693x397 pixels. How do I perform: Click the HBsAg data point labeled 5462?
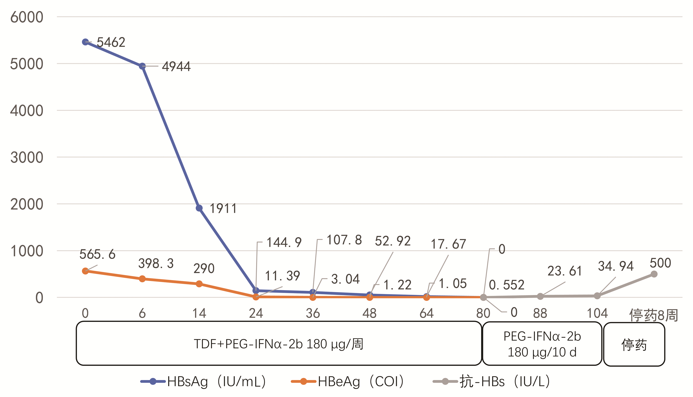[x=85, y=42]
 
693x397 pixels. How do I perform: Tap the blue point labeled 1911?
[x=199, y=208]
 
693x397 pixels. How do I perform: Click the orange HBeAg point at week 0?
[x=85, y=271]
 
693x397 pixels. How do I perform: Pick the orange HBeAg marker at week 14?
[x=199, y=284]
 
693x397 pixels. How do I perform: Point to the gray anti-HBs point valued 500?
[x=654, y=274]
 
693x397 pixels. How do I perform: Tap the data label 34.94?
[x=616, y=266]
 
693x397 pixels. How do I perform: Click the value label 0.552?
[x=507, y=285]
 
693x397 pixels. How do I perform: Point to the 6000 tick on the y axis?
[x=27, y=17]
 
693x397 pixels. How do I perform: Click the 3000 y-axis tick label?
[x=27, y=158]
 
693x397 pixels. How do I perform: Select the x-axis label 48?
[x=369, y=313]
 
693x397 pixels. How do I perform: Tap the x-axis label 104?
[x=597, y=313]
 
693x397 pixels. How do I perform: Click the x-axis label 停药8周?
[x=654, y=315]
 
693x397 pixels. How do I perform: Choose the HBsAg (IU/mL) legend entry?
[x=203, y=381]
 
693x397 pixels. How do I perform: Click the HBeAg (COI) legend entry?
[x=348, y=381]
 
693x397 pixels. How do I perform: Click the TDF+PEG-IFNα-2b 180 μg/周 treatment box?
[x=279, y=344]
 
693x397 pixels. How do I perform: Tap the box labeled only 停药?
[x=634, y=344]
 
